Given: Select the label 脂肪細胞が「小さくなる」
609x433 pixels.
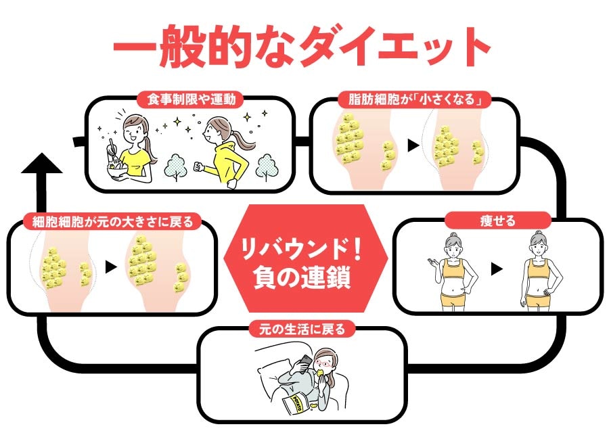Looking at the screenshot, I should coord(413,99).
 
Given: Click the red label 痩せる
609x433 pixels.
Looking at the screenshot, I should coord(497,221).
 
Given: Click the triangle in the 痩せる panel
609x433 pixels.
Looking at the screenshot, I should coord(497,269).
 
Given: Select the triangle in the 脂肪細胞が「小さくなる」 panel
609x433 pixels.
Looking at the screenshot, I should coord(412,146).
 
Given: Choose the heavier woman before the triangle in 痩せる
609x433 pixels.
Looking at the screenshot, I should coord(453,271).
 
